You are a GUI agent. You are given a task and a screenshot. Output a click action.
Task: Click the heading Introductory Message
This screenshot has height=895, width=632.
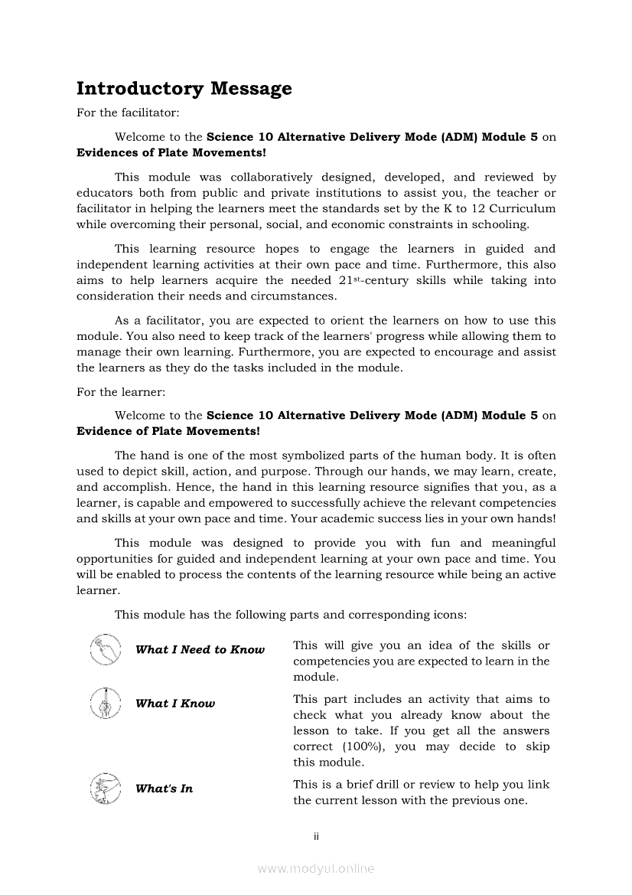[x=184, y=89]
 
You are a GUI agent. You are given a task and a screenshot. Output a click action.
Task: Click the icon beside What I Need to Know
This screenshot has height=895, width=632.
[x=105, y=650]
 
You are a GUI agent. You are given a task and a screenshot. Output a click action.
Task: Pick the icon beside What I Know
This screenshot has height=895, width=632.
[x=105, y=703]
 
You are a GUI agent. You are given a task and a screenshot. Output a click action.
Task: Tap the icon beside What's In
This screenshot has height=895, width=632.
[x=105, y=789]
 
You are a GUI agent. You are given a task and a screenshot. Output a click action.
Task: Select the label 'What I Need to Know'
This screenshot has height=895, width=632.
[x=200, y=650]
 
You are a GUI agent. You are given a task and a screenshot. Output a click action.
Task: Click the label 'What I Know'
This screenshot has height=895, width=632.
[x=175, y=704]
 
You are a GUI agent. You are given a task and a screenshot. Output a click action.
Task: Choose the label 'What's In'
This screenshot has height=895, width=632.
[x=164, y=789]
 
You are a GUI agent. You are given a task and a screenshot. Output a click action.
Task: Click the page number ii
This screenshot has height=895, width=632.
[x=316, y=836]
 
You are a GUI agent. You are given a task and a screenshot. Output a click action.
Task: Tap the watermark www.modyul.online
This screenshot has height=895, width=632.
[x=316, y=868]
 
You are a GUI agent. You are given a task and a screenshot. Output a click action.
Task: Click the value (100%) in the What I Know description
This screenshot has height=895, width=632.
[x=361, y=746]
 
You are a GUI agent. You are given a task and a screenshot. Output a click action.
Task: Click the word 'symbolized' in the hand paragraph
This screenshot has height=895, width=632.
[x=308, y=456]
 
